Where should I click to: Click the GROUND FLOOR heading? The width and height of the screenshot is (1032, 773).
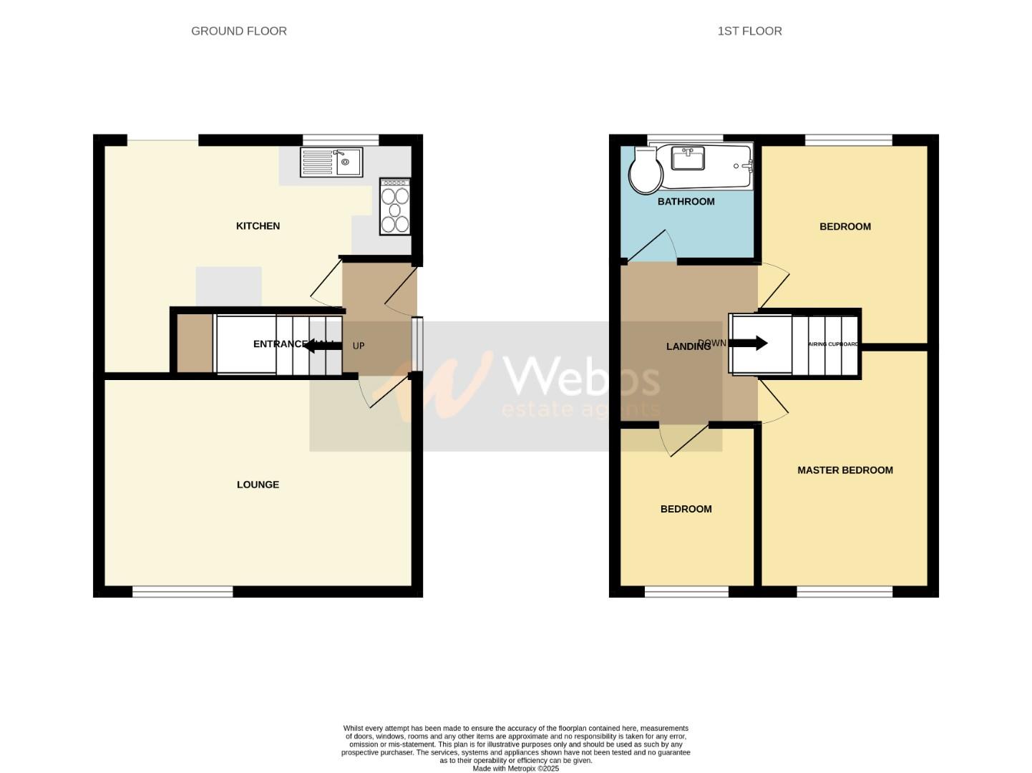(238, 31)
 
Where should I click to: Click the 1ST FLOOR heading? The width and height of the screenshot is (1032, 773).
(749, 31)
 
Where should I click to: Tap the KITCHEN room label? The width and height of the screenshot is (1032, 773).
(258, 226)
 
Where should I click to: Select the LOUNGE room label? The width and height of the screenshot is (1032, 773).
(258, 485)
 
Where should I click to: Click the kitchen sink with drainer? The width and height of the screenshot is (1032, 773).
(331, 162)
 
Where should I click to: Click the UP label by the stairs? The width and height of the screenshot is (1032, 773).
(359, 346)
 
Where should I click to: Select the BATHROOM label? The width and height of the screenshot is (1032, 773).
(686, 202)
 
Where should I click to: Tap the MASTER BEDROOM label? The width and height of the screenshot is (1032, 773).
(844, 470)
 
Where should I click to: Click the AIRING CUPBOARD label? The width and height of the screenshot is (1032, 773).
(833, 344)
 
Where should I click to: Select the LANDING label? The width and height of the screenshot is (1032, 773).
(688, 346)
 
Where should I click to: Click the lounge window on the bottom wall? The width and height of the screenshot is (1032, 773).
(182, 591)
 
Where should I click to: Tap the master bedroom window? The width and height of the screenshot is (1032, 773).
(844, 591)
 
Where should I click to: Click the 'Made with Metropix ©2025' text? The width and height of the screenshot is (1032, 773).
(515, 769)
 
